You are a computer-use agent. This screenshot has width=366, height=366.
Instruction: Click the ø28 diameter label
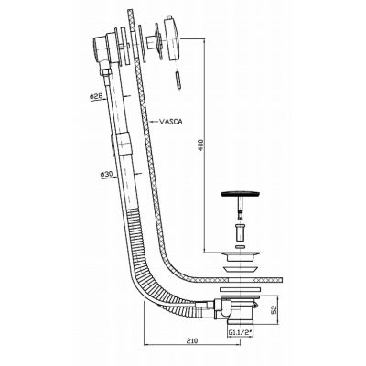pos(95,97)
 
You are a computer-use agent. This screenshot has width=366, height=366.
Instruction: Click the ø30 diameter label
pos(106,175)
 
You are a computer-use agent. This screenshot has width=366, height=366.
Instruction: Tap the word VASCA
pos(171,122)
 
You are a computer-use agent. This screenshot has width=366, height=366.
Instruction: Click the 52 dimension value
pos(274,311)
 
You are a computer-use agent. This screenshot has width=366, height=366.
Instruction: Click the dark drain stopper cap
pos(240,194)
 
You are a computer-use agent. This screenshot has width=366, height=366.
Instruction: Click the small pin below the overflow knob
pos(178,81)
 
